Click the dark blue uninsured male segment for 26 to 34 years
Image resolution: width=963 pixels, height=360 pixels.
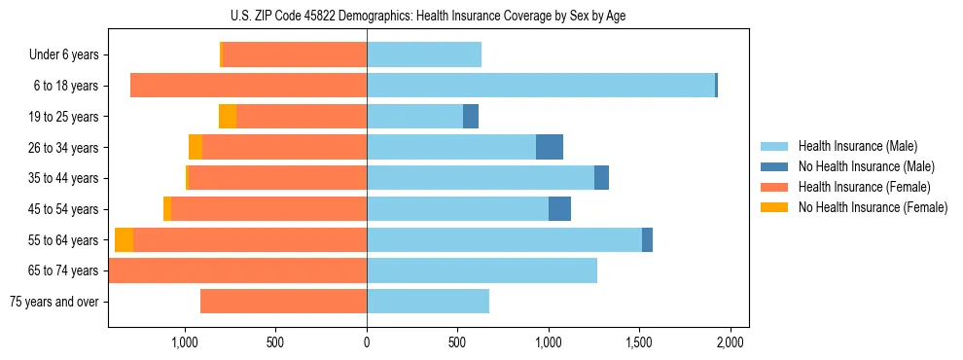pos(550,147)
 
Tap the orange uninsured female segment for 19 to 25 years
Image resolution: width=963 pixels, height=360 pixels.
pos(228,117)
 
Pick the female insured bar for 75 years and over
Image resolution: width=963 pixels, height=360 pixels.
pos(283,302)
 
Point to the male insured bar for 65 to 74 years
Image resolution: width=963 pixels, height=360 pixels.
pos(481,270)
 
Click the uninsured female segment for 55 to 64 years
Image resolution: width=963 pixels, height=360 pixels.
pos(125,240)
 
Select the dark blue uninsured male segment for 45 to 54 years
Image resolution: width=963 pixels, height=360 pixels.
pos(559,209)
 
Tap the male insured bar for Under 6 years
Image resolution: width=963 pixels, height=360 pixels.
pos(424,55)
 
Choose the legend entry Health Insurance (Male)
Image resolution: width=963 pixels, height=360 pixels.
pos(858,146)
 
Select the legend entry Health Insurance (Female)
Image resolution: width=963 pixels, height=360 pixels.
pos(864,187)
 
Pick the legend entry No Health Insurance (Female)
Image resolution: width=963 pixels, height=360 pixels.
pos(872,207)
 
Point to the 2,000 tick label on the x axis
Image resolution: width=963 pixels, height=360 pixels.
pos(731,342)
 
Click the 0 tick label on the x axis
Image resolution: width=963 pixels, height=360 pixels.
pos(367,342)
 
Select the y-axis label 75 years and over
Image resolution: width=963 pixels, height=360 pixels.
pos(53,302)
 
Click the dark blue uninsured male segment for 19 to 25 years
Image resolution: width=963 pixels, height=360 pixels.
pos(471,117)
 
